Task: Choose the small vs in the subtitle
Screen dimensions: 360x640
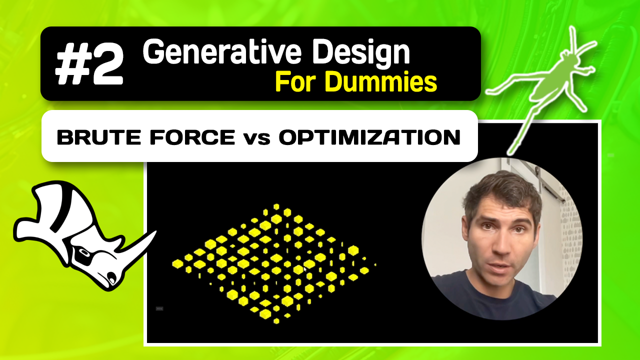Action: click(x=257, y=138)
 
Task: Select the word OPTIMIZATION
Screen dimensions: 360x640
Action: click(x=369, y=137)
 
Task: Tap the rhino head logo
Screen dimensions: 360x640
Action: click(x=80, y=235)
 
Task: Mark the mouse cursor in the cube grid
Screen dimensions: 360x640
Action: click(x=304, y=269)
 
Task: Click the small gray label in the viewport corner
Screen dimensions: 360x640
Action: click(x=159, y=308)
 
